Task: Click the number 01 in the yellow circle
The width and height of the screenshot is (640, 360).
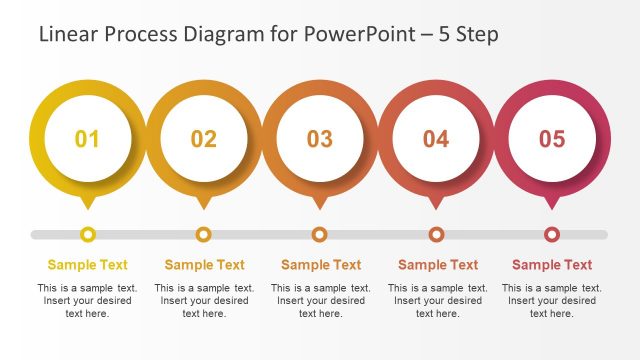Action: pyautogui.click(x=88, y=139)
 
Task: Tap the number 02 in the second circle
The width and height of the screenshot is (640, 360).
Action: pyautogui.click(x=204, y=139)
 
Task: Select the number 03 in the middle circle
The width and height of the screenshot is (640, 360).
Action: pyautogui.click(x=320, y=139)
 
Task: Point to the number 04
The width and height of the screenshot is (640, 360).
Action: pyautogui.click(x=436, y=139)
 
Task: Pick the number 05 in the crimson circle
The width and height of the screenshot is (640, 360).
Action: pyautogui.click(x=552, y=139)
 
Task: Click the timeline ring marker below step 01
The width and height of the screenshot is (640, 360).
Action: pyautogui.click(x=88, y=234)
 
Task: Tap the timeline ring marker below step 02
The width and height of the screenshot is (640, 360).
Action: pyautogui.click(x=204, y=234)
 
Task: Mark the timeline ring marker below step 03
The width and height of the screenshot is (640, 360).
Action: pyautogui.click(x=320, y=234)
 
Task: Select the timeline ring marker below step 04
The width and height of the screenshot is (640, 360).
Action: pyautogui.click(x=436, y=234)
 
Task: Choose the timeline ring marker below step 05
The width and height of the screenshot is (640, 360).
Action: pyautogui.click(x=552, y=234)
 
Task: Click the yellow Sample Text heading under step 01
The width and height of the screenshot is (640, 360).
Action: pyautogui.click(x=88, y=265)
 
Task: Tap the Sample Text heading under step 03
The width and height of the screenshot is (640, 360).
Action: pyautogui.click(x=320, y=265)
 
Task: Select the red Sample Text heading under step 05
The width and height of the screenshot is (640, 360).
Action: pyautogui.click(x=552, y=265)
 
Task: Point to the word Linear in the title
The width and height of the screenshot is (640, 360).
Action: pyautogui.click(x=66, y=35)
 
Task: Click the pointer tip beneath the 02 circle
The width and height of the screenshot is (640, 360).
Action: pyautogui.click(x=204, y=205)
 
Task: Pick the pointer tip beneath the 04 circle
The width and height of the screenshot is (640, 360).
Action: pyautogui.click(x=436, y=205)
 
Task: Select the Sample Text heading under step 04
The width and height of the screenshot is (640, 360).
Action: pyautogui.click(x=438, y=265)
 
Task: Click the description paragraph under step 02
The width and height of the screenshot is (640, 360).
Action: pyautogui.click(x=204, y=301)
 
